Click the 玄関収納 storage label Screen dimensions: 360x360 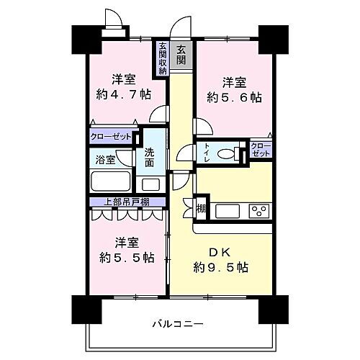click(x=164, y=58)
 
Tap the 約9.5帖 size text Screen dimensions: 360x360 click(x=221, y=268)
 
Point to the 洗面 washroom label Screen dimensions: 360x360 click(x=149, y=158)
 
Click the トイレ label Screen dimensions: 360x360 click(x=207, y=153)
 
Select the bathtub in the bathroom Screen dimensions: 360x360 click(x=109, y=181)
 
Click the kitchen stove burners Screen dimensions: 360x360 click(x=258, y=212)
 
